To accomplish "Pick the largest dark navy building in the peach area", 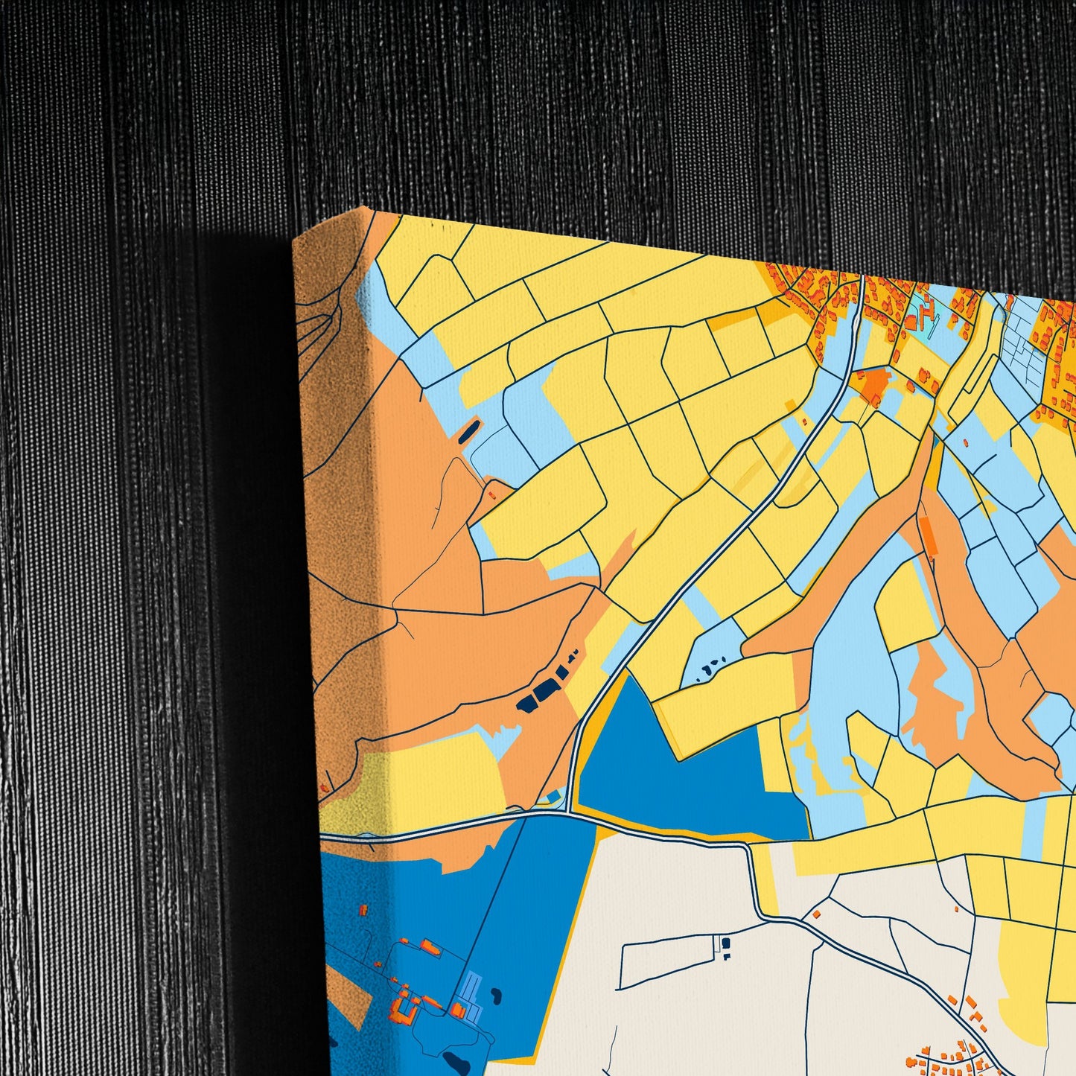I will click(546, 690).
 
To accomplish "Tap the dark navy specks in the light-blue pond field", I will click(712, 663).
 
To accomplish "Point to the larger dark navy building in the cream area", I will click(725, 943).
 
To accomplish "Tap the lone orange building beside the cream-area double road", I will click(816, 913).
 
